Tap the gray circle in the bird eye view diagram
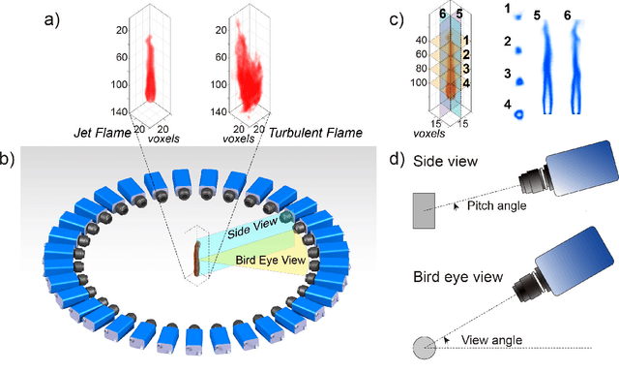426,347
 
